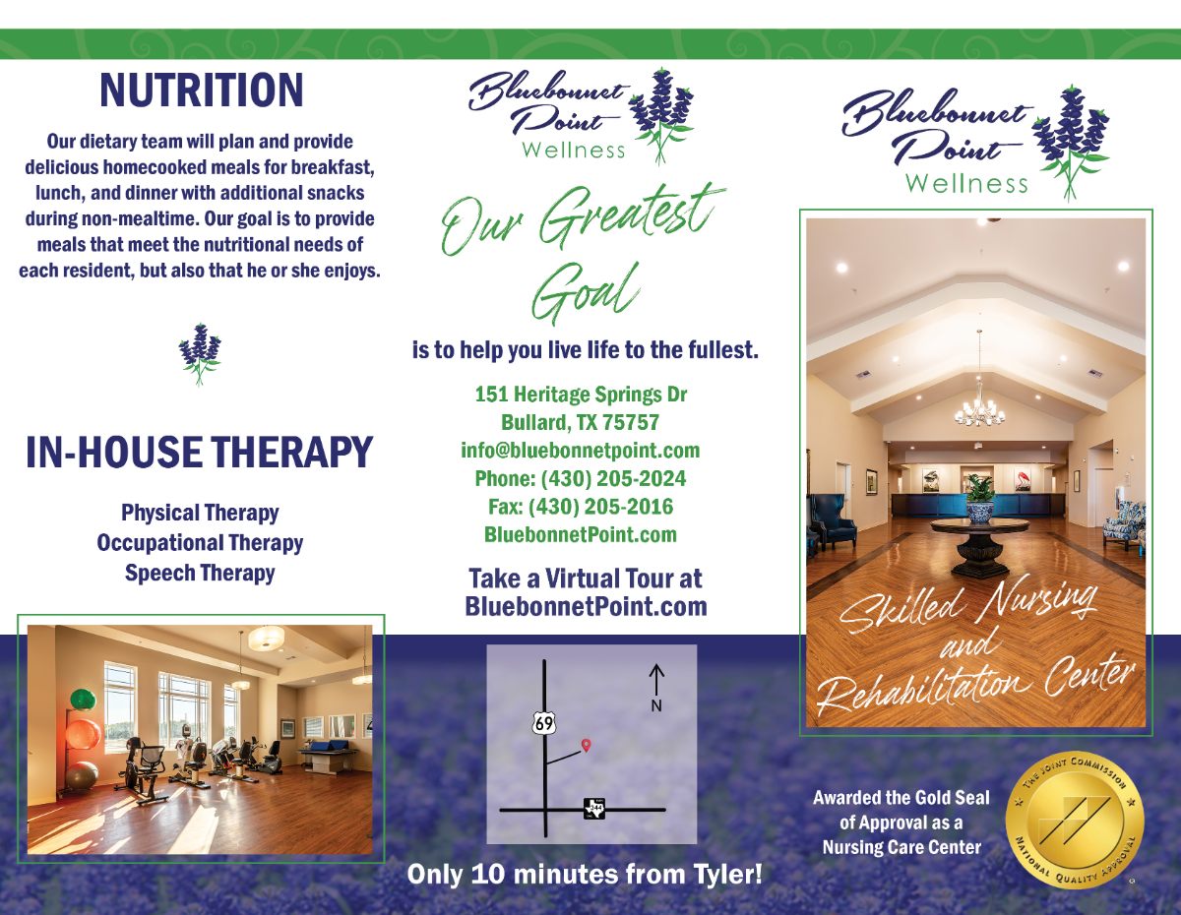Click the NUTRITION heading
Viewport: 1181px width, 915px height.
tap(202, 91)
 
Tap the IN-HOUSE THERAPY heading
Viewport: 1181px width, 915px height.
tap(200, 452)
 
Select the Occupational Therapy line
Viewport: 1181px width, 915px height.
tap(200, 543)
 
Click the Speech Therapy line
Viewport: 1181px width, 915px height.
tap(200, 574)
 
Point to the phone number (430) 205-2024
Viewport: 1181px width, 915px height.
tap(613, 479)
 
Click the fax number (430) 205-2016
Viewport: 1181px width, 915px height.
tap(601, 507)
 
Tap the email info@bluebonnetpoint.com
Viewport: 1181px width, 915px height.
tap(581, 451)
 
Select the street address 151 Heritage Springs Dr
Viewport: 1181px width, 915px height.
tap(581, 394)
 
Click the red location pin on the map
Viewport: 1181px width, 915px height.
tap(586, 745)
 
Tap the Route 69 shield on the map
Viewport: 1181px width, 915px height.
tap(544, 723)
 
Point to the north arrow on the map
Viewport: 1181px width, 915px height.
tap(656, 680)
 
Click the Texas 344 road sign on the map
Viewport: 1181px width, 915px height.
tap(594, 809)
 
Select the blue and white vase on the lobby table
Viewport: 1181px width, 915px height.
tap(980, 512)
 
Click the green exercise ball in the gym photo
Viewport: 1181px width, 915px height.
tap(83, 700)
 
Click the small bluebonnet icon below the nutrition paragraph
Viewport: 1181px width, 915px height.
tap(200, 354)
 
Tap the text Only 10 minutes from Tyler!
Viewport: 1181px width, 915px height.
tap(585, 875)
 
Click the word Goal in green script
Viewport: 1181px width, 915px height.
tap(586, 293)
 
